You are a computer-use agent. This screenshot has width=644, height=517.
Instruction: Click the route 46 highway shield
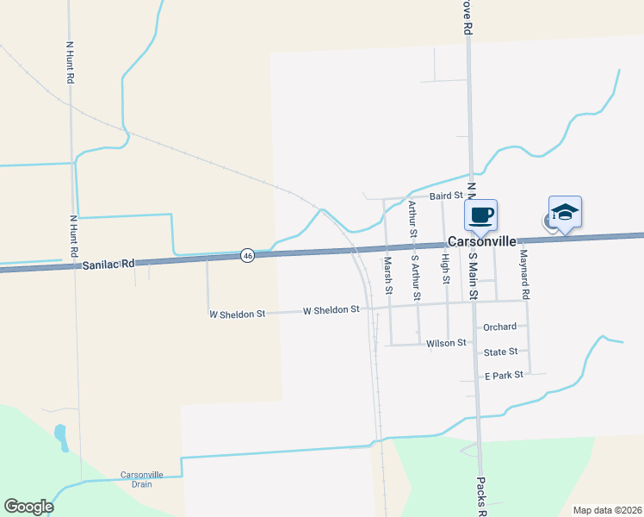tap(247, 256)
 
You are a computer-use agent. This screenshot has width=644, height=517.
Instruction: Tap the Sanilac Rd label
tap(109, 265)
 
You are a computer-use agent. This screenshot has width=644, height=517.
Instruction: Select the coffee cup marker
tap(481, 214)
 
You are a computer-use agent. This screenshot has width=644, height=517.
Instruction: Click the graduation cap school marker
tap(565, 212)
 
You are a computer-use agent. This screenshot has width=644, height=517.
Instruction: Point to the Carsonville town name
tap(481, 243)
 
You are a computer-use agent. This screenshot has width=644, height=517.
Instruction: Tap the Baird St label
tap(447, 196)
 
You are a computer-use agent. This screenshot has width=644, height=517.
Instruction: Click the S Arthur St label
tap(416, 277)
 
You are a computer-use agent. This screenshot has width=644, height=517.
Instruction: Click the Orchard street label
tap(499, 327)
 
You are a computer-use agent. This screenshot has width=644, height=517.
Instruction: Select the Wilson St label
tap(446, 343)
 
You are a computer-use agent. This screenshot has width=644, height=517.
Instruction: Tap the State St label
tap(500, 352)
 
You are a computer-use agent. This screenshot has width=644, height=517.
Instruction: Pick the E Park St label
tap(504, 376)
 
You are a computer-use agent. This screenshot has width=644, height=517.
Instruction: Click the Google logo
tap(29, 506)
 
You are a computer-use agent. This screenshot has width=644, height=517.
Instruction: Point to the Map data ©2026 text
tap(606, 510)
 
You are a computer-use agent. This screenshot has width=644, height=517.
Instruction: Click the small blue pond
tap(61, 437)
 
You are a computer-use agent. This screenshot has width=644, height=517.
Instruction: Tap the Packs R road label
tap(482, 495)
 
